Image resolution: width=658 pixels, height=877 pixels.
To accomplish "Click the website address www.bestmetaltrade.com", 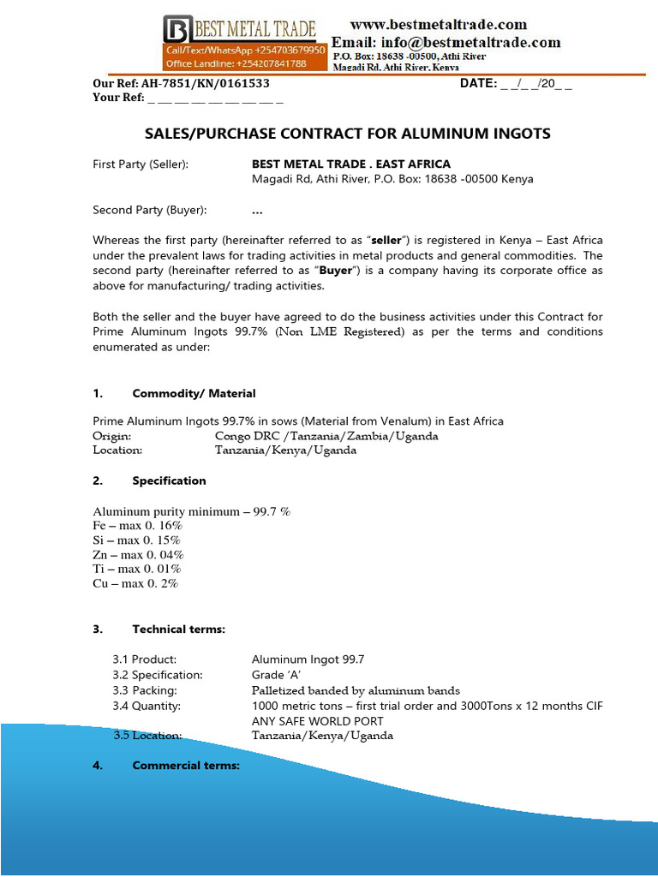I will (439, 25).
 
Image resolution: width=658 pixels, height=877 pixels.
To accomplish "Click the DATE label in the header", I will (478, 84).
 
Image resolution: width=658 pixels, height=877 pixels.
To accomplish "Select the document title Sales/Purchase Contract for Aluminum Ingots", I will (347, 134).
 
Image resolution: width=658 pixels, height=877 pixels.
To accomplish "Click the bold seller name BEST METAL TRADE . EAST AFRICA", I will (350, 164).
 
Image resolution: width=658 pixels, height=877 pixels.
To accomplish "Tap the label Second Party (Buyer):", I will (149, 210).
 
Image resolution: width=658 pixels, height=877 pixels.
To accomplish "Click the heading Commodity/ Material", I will (194, 393).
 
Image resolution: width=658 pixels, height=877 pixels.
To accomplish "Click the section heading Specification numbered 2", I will (169, 480).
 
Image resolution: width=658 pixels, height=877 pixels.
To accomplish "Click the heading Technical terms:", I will (178, 629).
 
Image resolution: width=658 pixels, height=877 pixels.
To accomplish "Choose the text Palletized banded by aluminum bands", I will (356, 690).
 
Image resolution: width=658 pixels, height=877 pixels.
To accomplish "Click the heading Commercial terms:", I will (185, 765).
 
